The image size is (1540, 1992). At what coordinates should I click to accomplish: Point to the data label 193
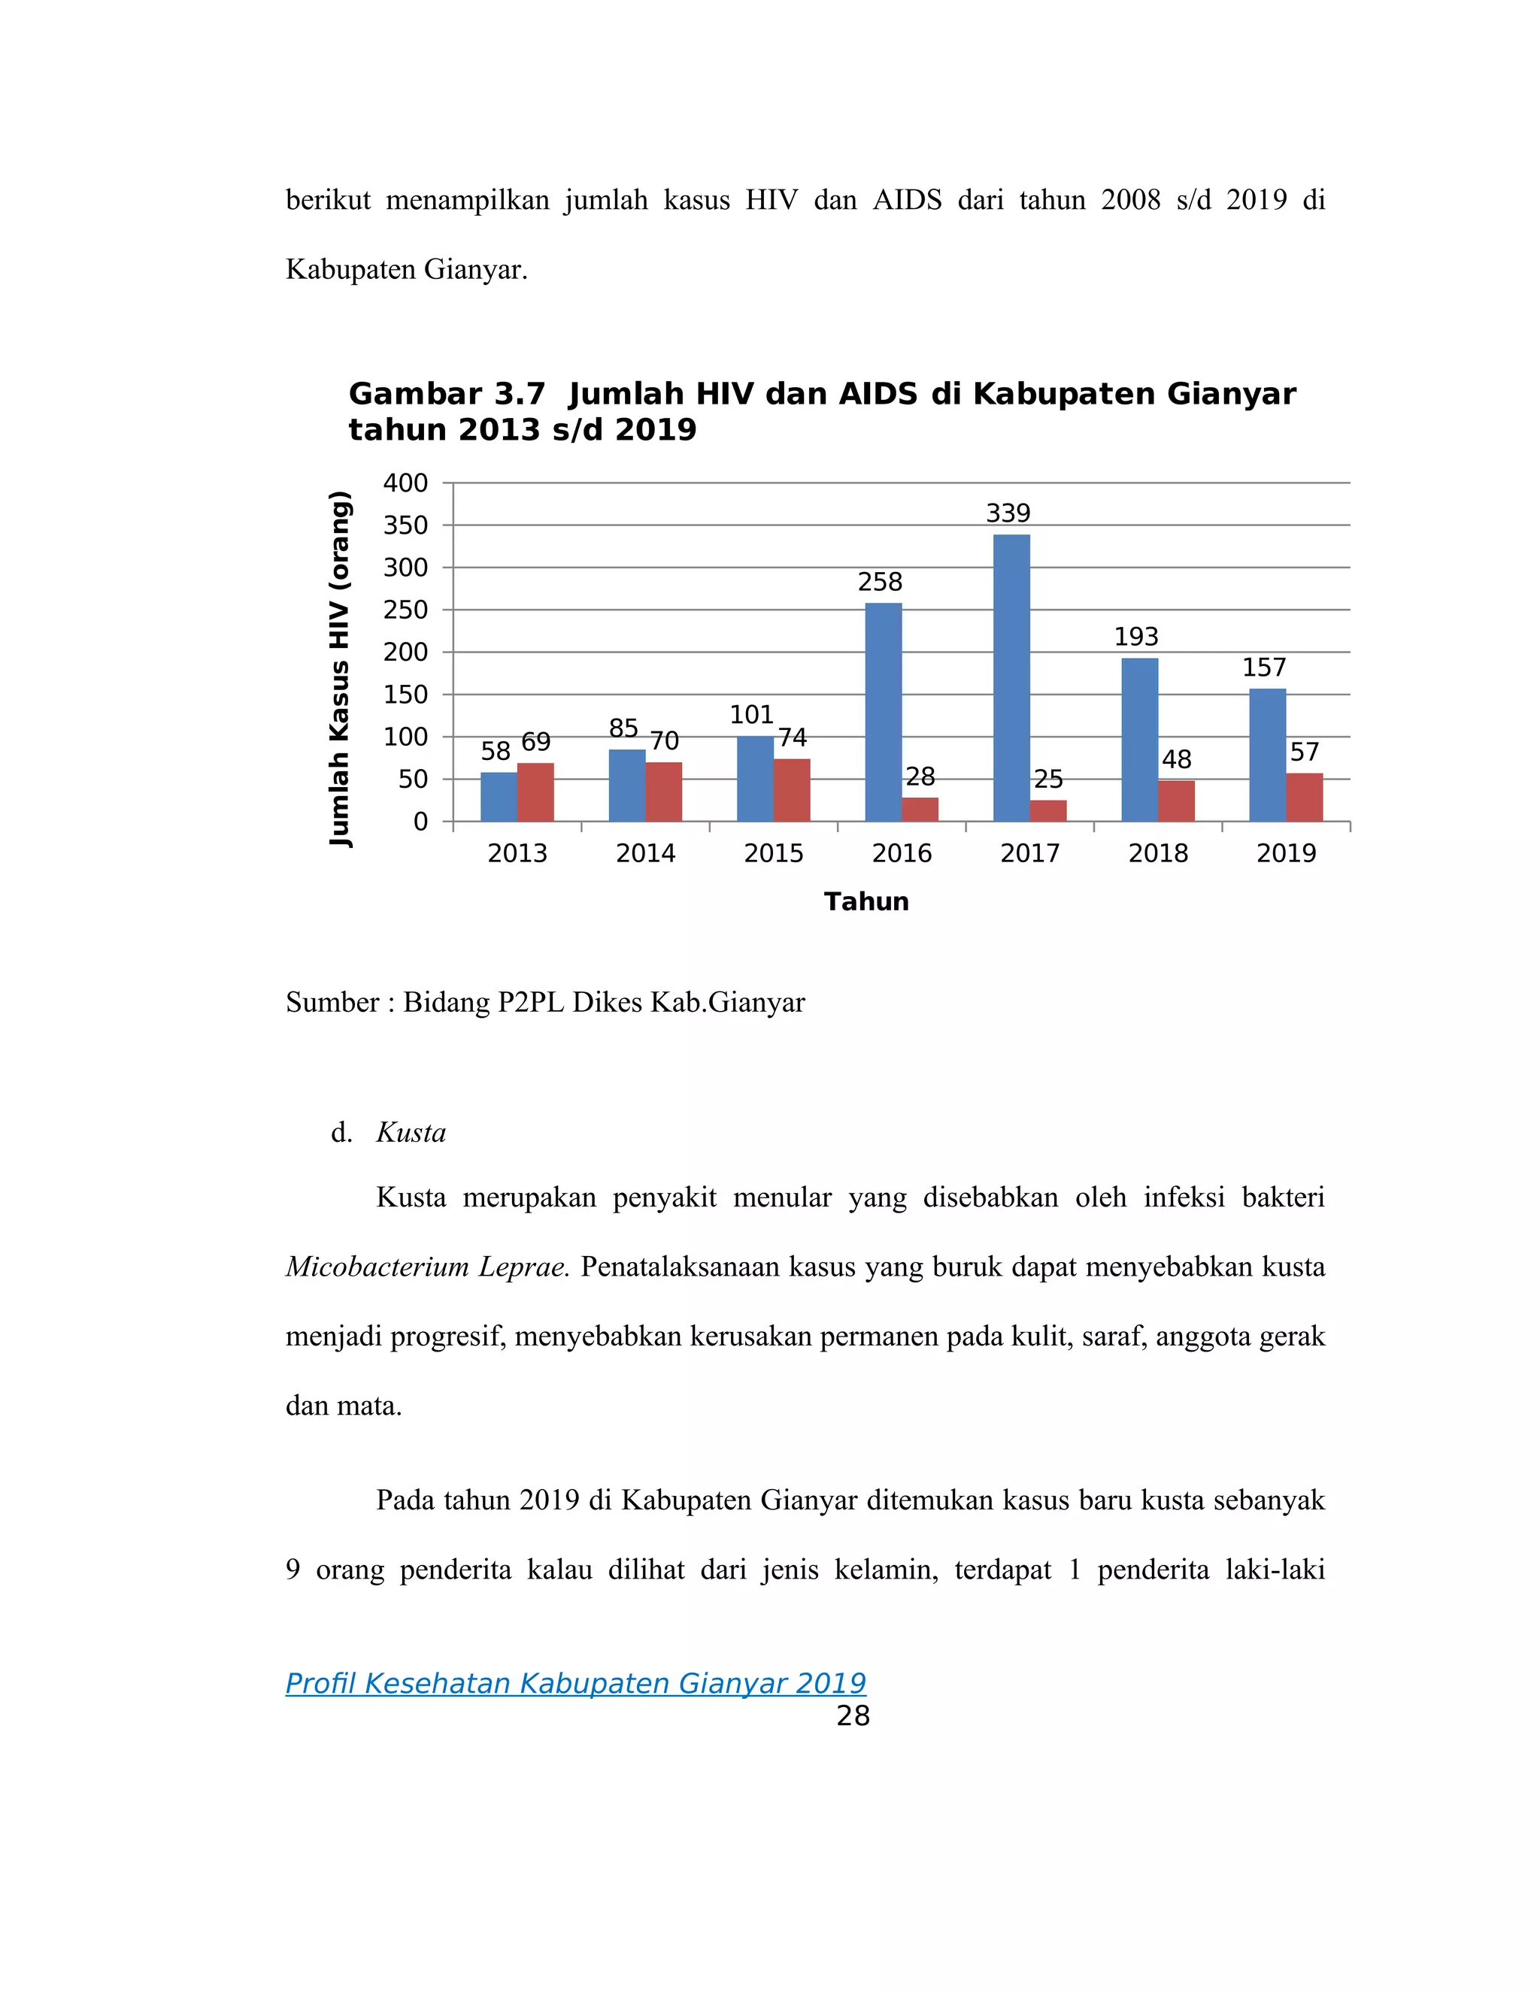tap(1136, 637)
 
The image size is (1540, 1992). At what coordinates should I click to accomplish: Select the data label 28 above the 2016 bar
tap(920, 777)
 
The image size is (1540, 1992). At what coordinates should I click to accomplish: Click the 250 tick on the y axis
tap(405, 610)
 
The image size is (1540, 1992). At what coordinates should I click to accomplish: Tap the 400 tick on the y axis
tap(405, 483)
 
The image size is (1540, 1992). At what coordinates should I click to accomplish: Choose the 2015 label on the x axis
tap(773, 854)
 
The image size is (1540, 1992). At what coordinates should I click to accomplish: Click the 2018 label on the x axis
tap(1158, 854)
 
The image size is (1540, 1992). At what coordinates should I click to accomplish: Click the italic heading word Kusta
tap(411, 1133)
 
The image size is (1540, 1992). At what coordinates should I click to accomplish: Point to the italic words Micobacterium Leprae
tap(427, 1267)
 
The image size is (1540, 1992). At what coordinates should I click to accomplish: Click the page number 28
tap(853, 1715)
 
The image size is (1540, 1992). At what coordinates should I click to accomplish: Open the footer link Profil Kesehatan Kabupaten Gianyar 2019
tap(576, 1683)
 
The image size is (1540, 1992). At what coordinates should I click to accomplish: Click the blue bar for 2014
tap(627, 786)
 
